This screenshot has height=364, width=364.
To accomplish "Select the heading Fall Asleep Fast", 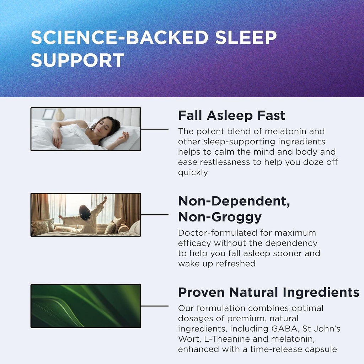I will [231, 116].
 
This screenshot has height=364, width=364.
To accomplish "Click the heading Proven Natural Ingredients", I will [268, 292].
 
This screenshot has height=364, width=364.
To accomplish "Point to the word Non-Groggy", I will [220, 216].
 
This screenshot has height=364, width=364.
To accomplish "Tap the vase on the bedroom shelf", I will [60, 114].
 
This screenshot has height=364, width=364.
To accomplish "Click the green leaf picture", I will [86, 306].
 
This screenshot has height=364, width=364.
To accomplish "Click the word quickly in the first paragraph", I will [193, 172].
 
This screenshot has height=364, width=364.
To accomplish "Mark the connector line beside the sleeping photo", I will [155, 129].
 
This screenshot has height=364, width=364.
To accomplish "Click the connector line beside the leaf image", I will [155, 306].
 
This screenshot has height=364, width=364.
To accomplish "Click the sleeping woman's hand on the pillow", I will [125, 135].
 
